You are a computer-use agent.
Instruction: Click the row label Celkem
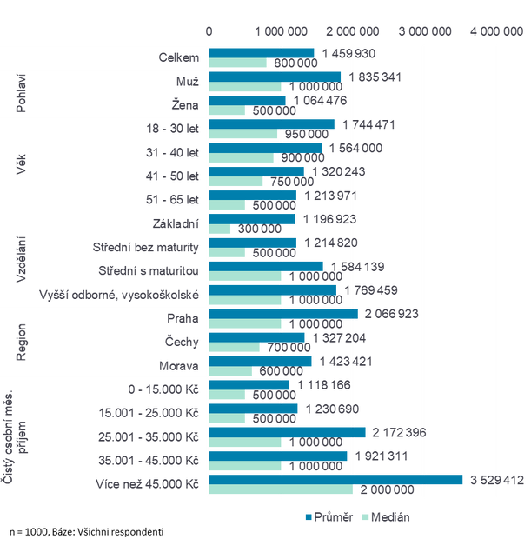click(x=179, y=57)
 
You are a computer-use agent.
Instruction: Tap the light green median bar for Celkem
click(x=240, y=63)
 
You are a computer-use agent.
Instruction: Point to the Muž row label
click(x=187, y=81)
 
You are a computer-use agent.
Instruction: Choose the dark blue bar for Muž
click(x=276, y=76)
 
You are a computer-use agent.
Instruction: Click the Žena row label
click(x=187, y=104)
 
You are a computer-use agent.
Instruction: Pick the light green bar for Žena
click(x=229, y=111)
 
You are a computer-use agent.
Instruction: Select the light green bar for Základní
click(x=222, y=230)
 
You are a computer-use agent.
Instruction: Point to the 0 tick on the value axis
click(x=209, y=31)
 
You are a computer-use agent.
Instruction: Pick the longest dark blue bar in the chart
click(x=337, y=479)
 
